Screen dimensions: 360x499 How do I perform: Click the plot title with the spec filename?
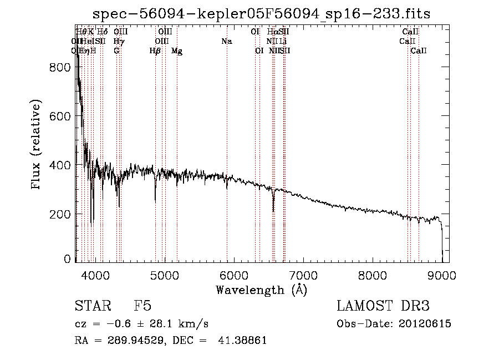click(x=261, y=14)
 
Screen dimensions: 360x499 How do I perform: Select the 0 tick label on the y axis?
click(x=68, y=259)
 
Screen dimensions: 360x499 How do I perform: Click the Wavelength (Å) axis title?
click(x=261, y=290)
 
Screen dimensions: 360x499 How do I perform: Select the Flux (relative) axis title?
click(x=37, y=145)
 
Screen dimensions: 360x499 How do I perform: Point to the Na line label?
click(x=226, y=41)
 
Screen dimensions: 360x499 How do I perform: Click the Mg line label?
click(x=177, y=50)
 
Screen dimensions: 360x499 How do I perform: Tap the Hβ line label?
click(x=155, y=50)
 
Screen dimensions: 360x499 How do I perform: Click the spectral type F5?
click(x=142, y=306)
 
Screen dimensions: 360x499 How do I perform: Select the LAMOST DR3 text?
click(x=383, y=306)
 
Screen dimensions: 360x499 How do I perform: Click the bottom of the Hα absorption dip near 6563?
click(x=273, y=211)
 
